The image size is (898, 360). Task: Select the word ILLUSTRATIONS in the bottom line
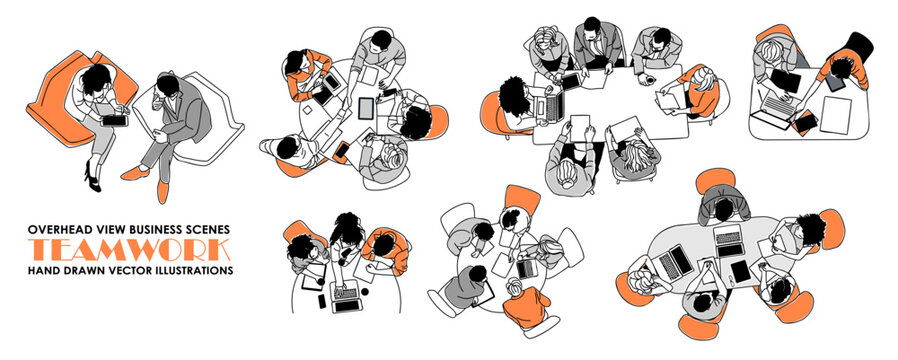pyautogui.click(x=194, y=270)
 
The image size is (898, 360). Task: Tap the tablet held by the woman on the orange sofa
pyautogui.click(x=116, y=118)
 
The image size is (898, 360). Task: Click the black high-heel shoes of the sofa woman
pyautogui.click(x=91, y=180)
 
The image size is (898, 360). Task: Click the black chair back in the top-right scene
pyautogui.click(x=857, y=45)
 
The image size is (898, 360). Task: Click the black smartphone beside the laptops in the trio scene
pyautogui.click(x=320, y=300)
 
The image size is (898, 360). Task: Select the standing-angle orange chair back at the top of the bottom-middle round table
pyautogui.click(x=521, y=197)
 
